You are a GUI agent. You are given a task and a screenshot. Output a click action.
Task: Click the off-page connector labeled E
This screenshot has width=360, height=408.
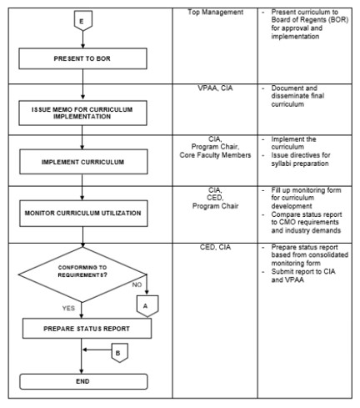tap(82, 21)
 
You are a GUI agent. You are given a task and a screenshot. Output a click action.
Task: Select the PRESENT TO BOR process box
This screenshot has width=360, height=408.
tap(82, 58)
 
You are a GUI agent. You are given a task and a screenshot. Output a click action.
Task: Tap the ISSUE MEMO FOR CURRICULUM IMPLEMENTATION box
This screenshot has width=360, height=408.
tap(82, 113)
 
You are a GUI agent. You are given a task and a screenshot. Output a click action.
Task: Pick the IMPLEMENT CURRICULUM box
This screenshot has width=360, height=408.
tap(83, 162)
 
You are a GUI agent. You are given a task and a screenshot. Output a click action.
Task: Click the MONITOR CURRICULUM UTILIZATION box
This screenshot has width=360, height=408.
tap(83, 213)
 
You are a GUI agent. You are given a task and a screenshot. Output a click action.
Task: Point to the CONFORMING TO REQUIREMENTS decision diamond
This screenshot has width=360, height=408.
tap(82, 275)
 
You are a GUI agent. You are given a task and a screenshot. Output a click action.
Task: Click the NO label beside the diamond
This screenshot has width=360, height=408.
tap(137, 285)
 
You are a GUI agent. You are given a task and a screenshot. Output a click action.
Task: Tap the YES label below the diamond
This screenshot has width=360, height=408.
tap(68, 308)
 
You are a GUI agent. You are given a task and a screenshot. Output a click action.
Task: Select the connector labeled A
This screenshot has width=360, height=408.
tap(147, 306)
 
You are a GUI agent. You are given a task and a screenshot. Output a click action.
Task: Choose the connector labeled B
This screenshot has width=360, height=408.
tap(120, 353)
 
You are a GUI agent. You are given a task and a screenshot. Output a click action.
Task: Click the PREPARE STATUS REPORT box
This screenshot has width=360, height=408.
tap(87, 329)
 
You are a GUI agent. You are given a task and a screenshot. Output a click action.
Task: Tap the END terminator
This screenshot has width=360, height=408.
tap(83, 381)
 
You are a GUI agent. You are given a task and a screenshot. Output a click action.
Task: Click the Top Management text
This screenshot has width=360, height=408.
tap(215, 12)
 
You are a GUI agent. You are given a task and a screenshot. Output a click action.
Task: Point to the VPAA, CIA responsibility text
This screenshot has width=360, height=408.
tap(215, 88)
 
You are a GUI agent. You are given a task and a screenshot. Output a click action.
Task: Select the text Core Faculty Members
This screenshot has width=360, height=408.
tap(215, 155)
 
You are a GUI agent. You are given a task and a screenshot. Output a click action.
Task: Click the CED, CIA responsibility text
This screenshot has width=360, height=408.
tap(215, 247)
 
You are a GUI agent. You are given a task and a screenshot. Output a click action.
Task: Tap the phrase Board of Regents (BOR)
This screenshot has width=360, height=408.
tap(310, 20)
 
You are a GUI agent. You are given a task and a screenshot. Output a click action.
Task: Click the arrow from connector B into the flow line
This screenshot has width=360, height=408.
tap(97, 350)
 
